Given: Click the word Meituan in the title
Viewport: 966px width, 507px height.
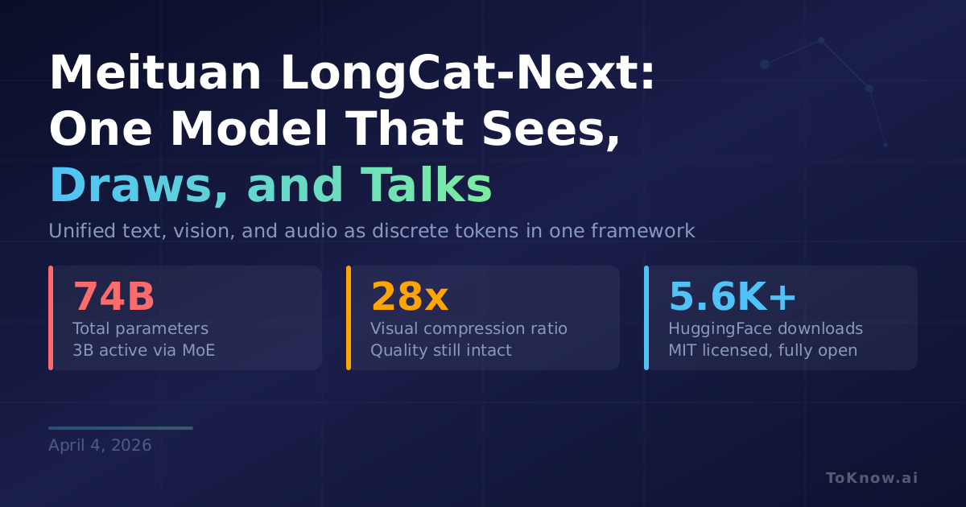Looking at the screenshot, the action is pos(155,72).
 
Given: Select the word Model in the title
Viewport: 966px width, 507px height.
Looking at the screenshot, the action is pos(250,129).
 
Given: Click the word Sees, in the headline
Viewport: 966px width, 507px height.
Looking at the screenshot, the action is pos(551,130).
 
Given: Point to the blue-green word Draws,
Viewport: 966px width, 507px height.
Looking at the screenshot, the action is pos(138,185).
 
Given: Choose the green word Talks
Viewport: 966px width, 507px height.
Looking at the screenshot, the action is pos(426,184).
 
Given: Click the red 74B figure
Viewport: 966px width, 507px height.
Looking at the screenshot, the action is pos(114,296).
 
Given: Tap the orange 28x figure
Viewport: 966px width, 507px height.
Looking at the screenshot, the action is pos(410,296).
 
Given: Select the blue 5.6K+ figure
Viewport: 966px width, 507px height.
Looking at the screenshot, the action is pos(733,296).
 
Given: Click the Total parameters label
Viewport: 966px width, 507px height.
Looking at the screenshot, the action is pos(141,329).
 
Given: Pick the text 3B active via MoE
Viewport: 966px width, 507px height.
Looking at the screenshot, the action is pos(143,350).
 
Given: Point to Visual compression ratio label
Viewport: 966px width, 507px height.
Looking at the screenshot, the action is pos(469,329).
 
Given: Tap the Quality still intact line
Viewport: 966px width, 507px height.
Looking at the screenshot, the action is pos(441,351).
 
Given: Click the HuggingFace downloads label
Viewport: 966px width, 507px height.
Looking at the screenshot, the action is pos(766,329).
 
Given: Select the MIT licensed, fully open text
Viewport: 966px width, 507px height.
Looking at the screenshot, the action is pos(763,351).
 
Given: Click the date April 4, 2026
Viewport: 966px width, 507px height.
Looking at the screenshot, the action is pos(100,445).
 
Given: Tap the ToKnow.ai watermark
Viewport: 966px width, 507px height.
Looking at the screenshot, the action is pos(872,478).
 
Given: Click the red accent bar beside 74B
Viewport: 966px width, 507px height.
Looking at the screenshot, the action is pos(51,318).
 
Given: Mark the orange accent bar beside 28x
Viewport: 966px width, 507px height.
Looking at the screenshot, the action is pos(349,318).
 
